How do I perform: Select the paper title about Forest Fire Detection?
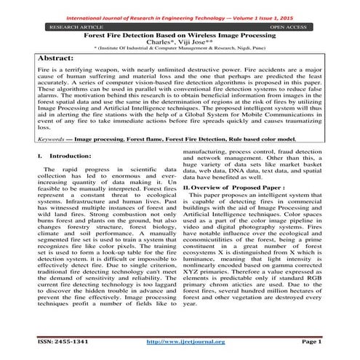tap(180, 34)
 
